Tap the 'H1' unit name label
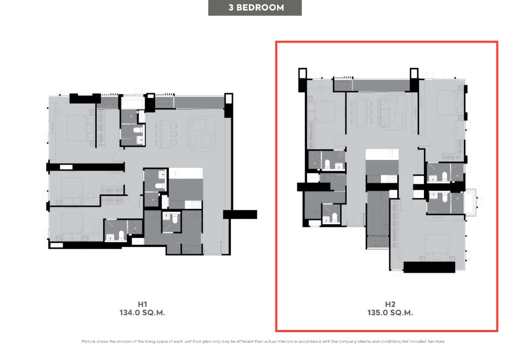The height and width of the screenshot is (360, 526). [x=143, y=304]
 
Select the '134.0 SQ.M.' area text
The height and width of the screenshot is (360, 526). [x=142, y=313]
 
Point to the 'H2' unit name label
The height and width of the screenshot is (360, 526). [x=390, y=304]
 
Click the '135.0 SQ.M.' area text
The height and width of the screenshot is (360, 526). [x=390, y=313]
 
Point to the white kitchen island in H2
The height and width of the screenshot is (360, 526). [x=382, y=154]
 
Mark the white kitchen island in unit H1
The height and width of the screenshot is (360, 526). [x=186, y=173]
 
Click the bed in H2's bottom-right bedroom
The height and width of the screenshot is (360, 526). [x=437, y=247]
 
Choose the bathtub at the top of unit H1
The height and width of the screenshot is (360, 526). [x=133, y=103]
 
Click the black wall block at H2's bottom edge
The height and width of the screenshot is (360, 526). [x=429, y=267]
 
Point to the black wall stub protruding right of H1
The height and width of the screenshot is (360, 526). [x=240, y=214]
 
